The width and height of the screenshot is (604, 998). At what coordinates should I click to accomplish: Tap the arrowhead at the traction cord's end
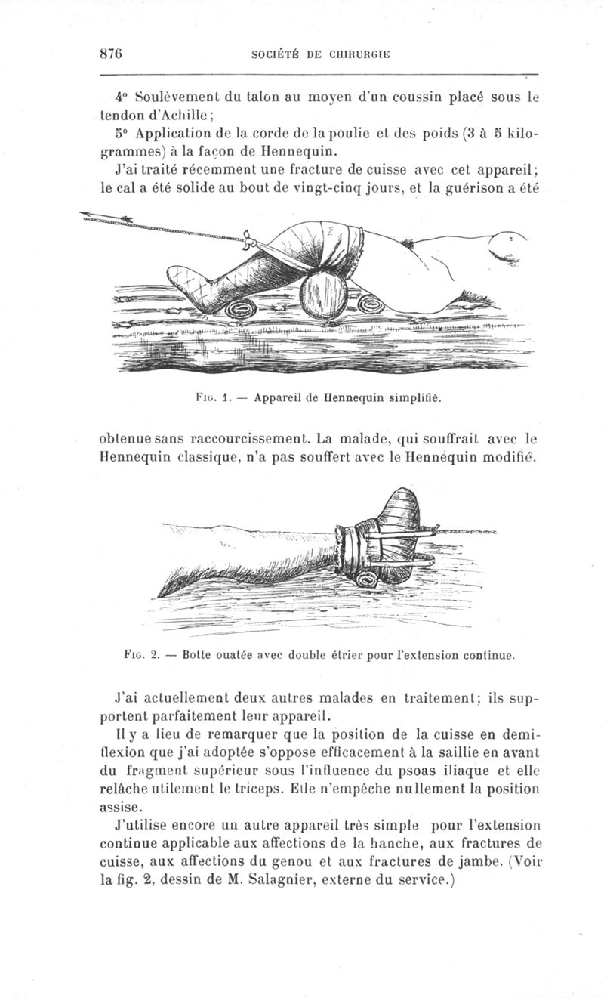85,214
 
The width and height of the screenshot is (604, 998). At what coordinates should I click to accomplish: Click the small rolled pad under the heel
240,311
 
